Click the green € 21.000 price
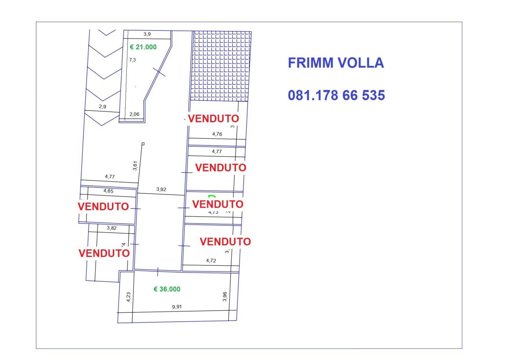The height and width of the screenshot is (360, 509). [143, 47]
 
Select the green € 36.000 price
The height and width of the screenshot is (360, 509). [167, 289]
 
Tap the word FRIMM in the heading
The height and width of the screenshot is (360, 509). [310, 63]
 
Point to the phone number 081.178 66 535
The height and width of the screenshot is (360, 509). [336, 95]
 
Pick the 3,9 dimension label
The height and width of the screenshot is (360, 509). [147, 34]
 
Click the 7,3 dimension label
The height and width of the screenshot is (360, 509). [133, 60]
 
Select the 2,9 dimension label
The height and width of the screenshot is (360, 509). [102, 106]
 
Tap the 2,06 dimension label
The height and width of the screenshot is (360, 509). [134, 114]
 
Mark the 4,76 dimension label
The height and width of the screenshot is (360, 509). [217, 134]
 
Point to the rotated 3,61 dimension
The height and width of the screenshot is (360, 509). [135, 166]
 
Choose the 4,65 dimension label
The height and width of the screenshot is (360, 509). [108, 191]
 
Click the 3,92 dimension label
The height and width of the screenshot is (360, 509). [161, 189]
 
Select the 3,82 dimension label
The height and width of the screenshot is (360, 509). [111, 228]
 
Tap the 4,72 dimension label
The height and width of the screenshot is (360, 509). [211, 261]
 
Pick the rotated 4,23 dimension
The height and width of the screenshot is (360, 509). [128, 297]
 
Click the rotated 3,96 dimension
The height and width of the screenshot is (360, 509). [225, 297]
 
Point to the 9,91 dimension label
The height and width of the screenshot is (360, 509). [177, 307]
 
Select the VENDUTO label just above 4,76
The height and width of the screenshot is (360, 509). [213, 119]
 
